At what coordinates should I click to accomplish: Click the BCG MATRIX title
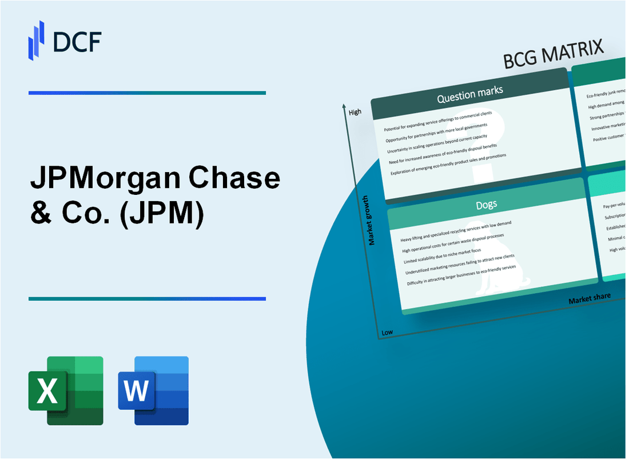pos(554,54)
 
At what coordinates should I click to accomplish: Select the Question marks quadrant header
pos(469,95)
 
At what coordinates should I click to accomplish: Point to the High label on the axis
pos(355,112)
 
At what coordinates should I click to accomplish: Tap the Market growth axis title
pos(372,221)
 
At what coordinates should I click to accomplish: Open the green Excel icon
pos(66,390)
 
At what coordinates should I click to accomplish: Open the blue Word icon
pos(153,390)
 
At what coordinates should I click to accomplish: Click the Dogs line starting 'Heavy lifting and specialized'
pos(456,228)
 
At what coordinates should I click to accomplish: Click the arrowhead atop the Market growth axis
pos(344,106)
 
